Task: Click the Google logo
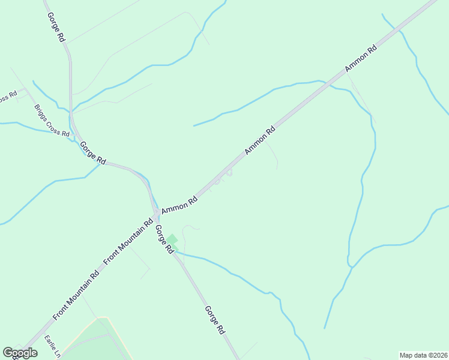20,353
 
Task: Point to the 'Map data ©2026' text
423,355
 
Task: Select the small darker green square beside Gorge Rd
172,240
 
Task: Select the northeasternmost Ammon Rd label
360,59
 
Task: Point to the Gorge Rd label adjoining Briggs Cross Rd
93,153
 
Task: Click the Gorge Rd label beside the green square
164,238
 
